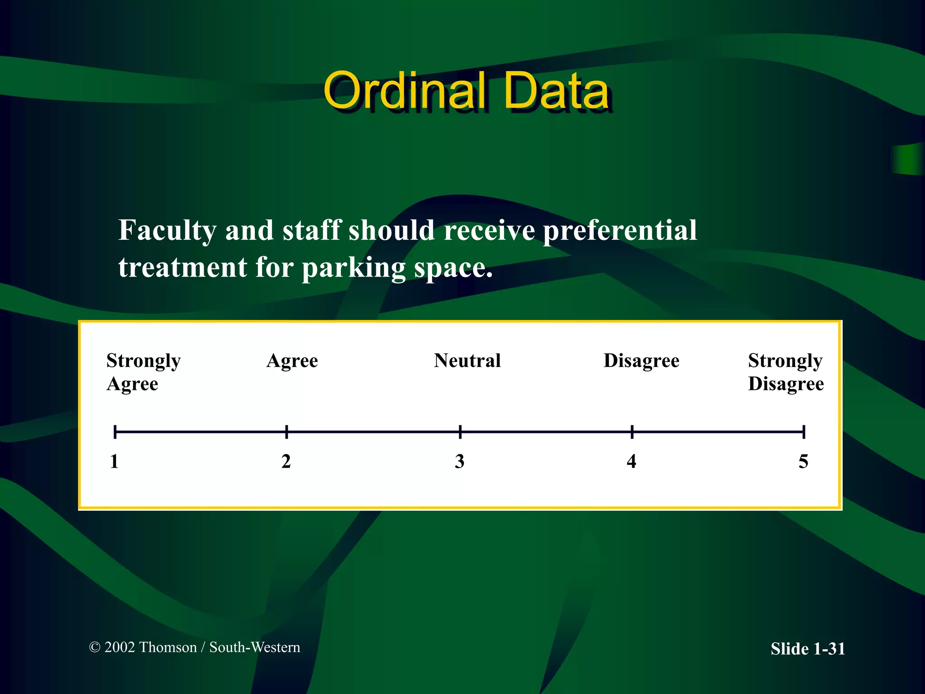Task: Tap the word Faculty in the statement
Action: pyautogui.click(x=168, y=230)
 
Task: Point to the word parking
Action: pyautogui.click(x=354, y=268)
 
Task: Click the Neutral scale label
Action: pyautogui.click(x=467, y=361)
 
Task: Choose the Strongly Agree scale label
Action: pyautogui.click(x=143, y=372)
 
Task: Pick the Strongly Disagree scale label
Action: pyautogui.click(x=786, y=372)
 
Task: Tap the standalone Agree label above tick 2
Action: pyautogui.click(x=292, y=361)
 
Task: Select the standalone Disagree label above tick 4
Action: pyautogui.click(x=641, y=361)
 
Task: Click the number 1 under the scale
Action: pyautogui.click(x=114, y=461)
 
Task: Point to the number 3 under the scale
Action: pyautogui.click(x=459, y=461)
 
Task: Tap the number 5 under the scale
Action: pyautogui.click(x=804, y=461)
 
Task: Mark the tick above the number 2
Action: pyautogui.click(x=287, y=432)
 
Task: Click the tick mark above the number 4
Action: pyautogui.click(x=632, y=432)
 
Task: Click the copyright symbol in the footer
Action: pyautogui.click(x=95, y=647)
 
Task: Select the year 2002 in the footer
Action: pyautogui.click(x=120, y=647)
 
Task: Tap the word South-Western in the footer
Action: pyautogui.click(x=255, y=647)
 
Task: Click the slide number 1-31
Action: pyautogui.click(x=829, y=649)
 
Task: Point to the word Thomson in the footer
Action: pyautogui.click(x=168, y=647)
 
